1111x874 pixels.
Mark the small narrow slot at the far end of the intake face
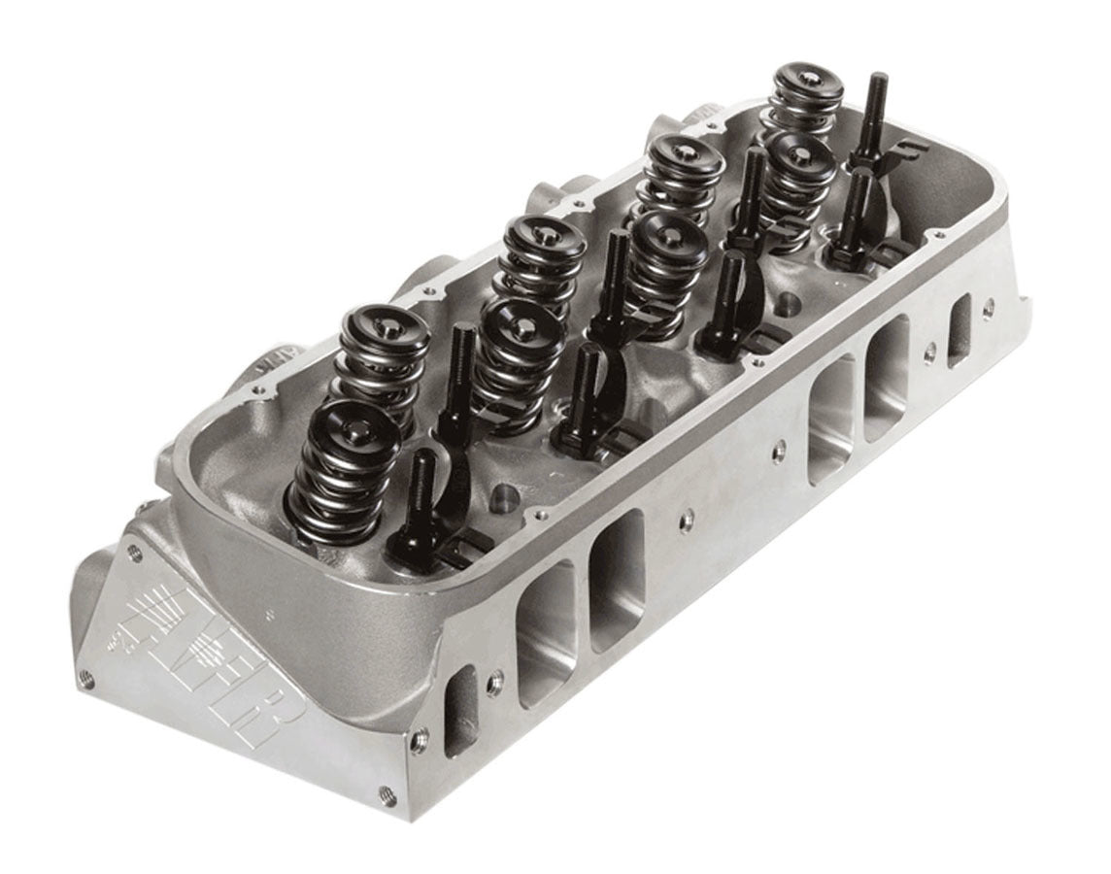[x=960, y=330]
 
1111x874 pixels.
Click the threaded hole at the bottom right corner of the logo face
[x=387, y=790]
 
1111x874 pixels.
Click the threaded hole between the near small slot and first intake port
[x=496, y=677]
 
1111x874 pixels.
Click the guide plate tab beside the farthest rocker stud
[x=898, y=151]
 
